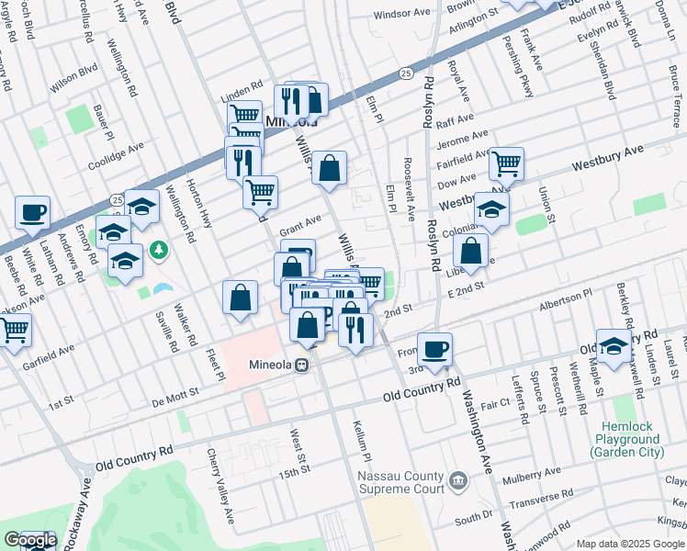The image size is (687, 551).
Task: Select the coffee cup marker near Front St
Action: click(x=434, y=347)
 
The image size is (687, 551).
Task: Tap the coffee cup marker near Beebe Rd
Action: click(x=32, y=212)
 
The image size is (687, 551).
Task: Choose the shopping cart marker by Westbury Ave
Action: click(x=506, y=163)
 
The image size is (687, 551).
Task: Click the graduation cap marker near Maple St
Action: click(x=614, y=343)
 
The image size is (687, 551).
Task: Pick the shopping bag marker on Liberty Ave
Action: click(x=470, y=250)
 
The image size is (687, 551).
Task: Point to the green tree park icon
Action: click(x=159, y=249)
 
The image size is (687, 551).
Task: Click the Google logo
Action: click(x=29, y=540)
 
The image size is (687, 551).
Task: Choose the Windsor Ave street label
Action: click(x=402, y=15)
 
